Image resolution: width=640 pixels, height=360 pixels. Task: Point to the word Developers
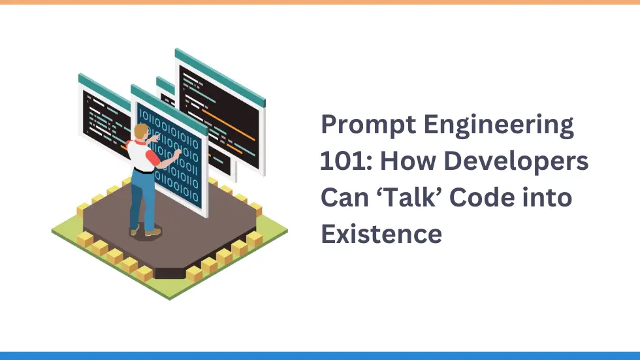523,161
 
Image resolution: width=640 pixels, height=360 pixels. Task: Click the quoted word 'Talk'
428,197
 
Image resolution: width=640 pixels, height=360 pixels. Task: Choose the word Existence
381,233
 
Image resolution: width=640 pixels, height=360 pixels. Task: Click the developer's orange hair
140,131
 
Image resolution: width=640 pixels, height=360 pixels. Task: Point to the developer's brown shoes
152,231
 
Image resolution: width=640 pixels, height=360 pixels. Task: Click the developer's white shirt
138,154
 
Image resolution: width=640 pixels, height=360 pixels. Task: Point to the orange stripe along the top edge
320,2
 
